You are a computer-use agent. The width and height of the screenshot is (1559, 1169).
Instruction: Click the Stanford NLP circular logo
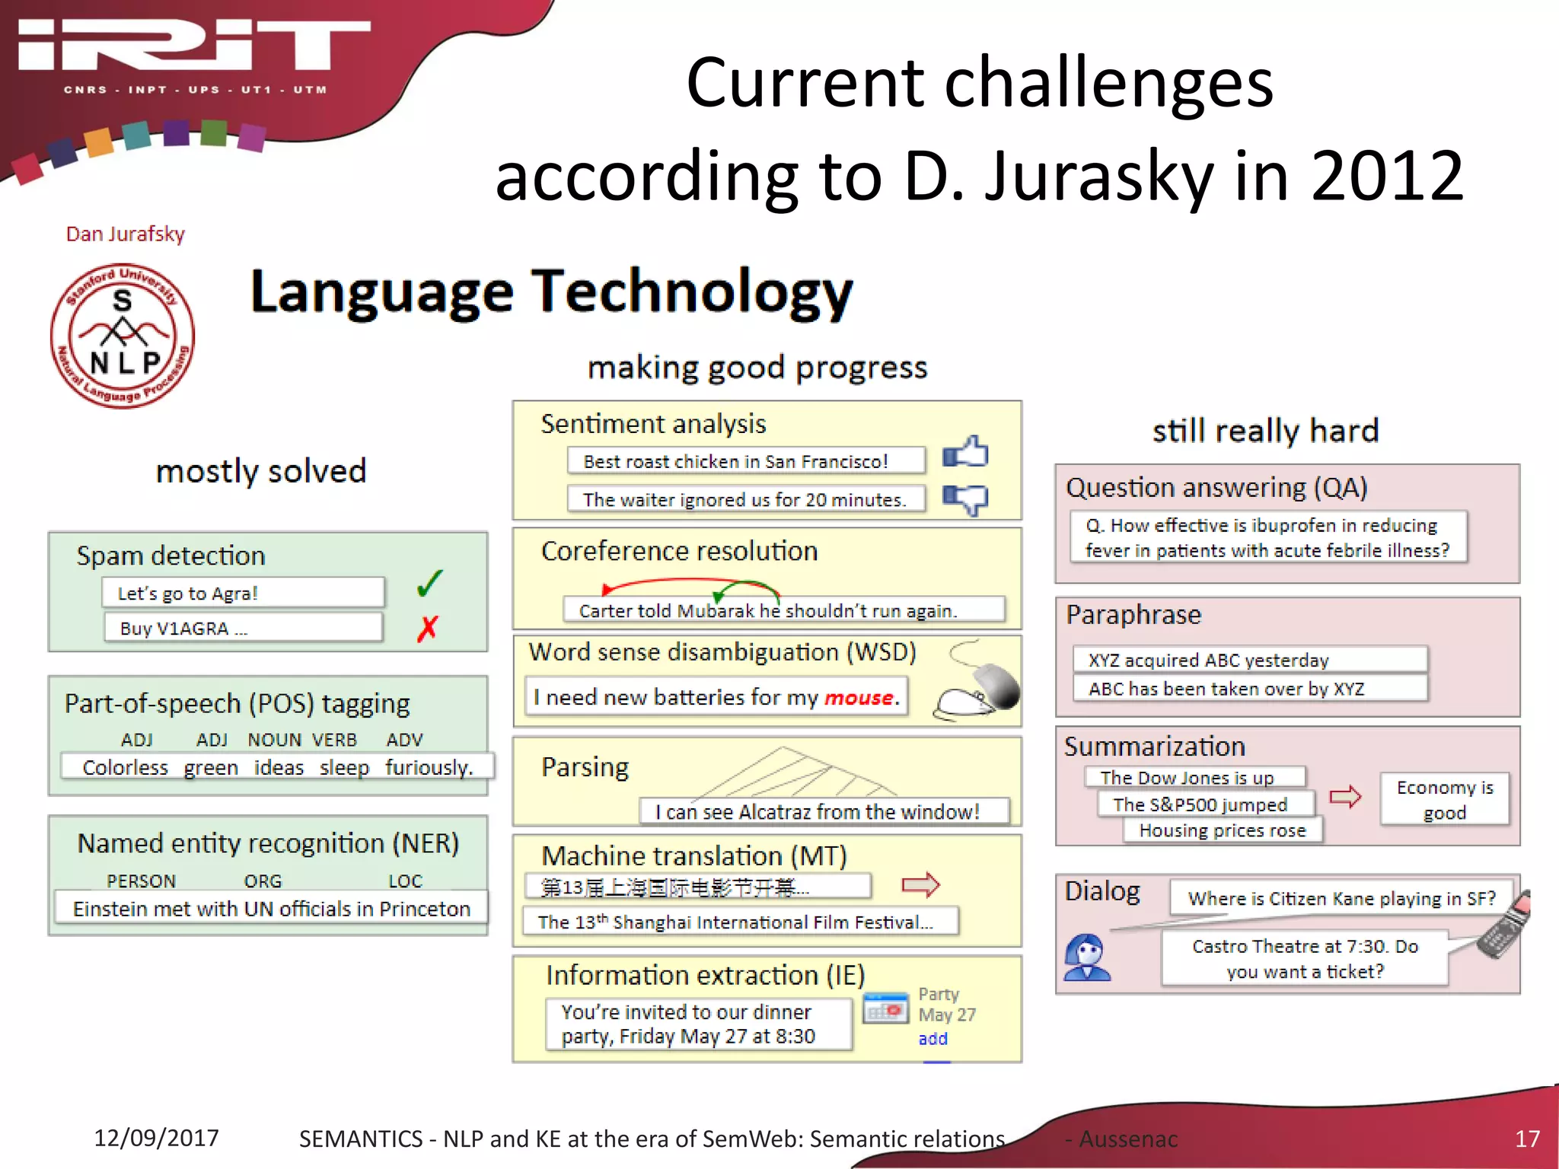(x=122, y=336)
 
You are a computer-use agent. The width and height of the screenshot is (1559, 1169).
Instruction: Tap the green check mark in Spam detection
(x=429, y=584)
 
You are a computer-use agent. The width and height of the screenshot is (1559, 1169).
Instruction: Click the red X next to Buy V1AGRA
(x=428, y=628)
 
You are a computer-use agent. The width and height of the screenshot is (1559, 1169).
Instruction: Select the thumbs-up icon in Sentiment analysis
(x=965, y=453)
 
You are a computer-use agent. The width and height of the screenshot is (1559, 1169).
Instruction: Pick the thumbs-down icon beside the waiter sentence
(x=965, y=499)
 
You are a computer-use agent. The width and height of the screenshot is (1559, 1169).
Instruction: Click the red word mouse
(x=859, y=697)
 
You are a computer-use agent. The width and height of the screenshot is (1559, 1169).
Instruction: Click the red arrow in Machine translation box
(x=920, y=884)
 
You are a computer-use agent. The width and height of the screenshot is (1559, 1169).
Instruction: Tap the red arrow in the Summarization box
(x=1345, y=797)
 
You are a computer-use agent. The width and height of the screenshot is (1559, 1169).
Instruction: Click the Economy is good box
(x=1444, y=799)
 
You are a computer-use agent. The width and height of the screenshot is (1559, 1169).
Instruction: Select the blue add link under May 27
(x=933, y=1039)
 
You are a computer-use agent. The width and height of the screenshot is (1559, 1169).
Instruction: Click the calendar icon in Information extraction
(x=885, y=1009)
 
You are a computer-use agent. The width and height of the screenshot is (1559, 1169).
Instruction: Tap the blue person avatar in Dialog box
(x=1087, y=957)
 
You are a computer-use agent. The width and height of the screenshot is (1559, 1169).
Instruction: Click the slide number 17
(x=1527, y=1139)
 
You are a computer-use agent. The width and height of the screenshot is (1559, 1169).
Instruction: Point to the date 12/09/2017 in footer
(x=156, y=1138)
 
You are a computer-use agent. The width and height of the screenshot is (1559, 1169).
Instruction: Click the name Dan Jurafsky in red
(x=126, y=234)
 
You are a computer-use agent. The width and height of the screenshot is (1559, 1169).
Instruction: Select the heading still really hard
(x=1265, y=431)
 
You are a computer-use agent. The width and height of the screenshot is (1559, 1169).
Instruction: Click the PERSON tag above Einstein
(x=141, y=881)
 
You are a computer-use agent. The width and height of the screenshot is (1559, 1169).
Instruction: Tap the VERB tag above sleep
(x=334, y=740)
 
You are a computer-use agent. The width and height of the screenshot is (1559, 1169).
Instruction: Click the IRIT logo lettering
(x=194, y=46)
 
